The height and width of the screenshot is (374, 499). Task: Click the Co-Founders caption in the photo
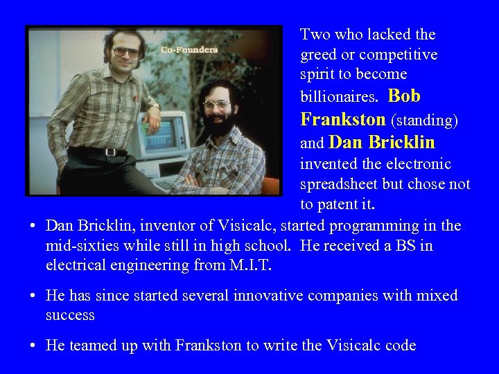click(189, 50)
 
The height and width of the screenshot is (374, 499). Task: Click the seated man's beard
click(220, 125)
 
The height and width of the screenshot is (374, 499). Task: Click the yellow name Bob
click(404, 96)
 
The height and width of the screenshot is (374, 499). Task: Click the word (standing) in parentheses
click(425, 121)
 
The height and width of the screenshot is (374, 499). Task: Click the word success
click(70, 315)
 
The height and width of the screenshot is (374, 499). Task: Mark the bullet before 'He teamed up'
click(33, 346)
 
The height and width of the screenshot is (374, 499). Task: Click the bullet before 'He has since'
click(33, 296)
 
